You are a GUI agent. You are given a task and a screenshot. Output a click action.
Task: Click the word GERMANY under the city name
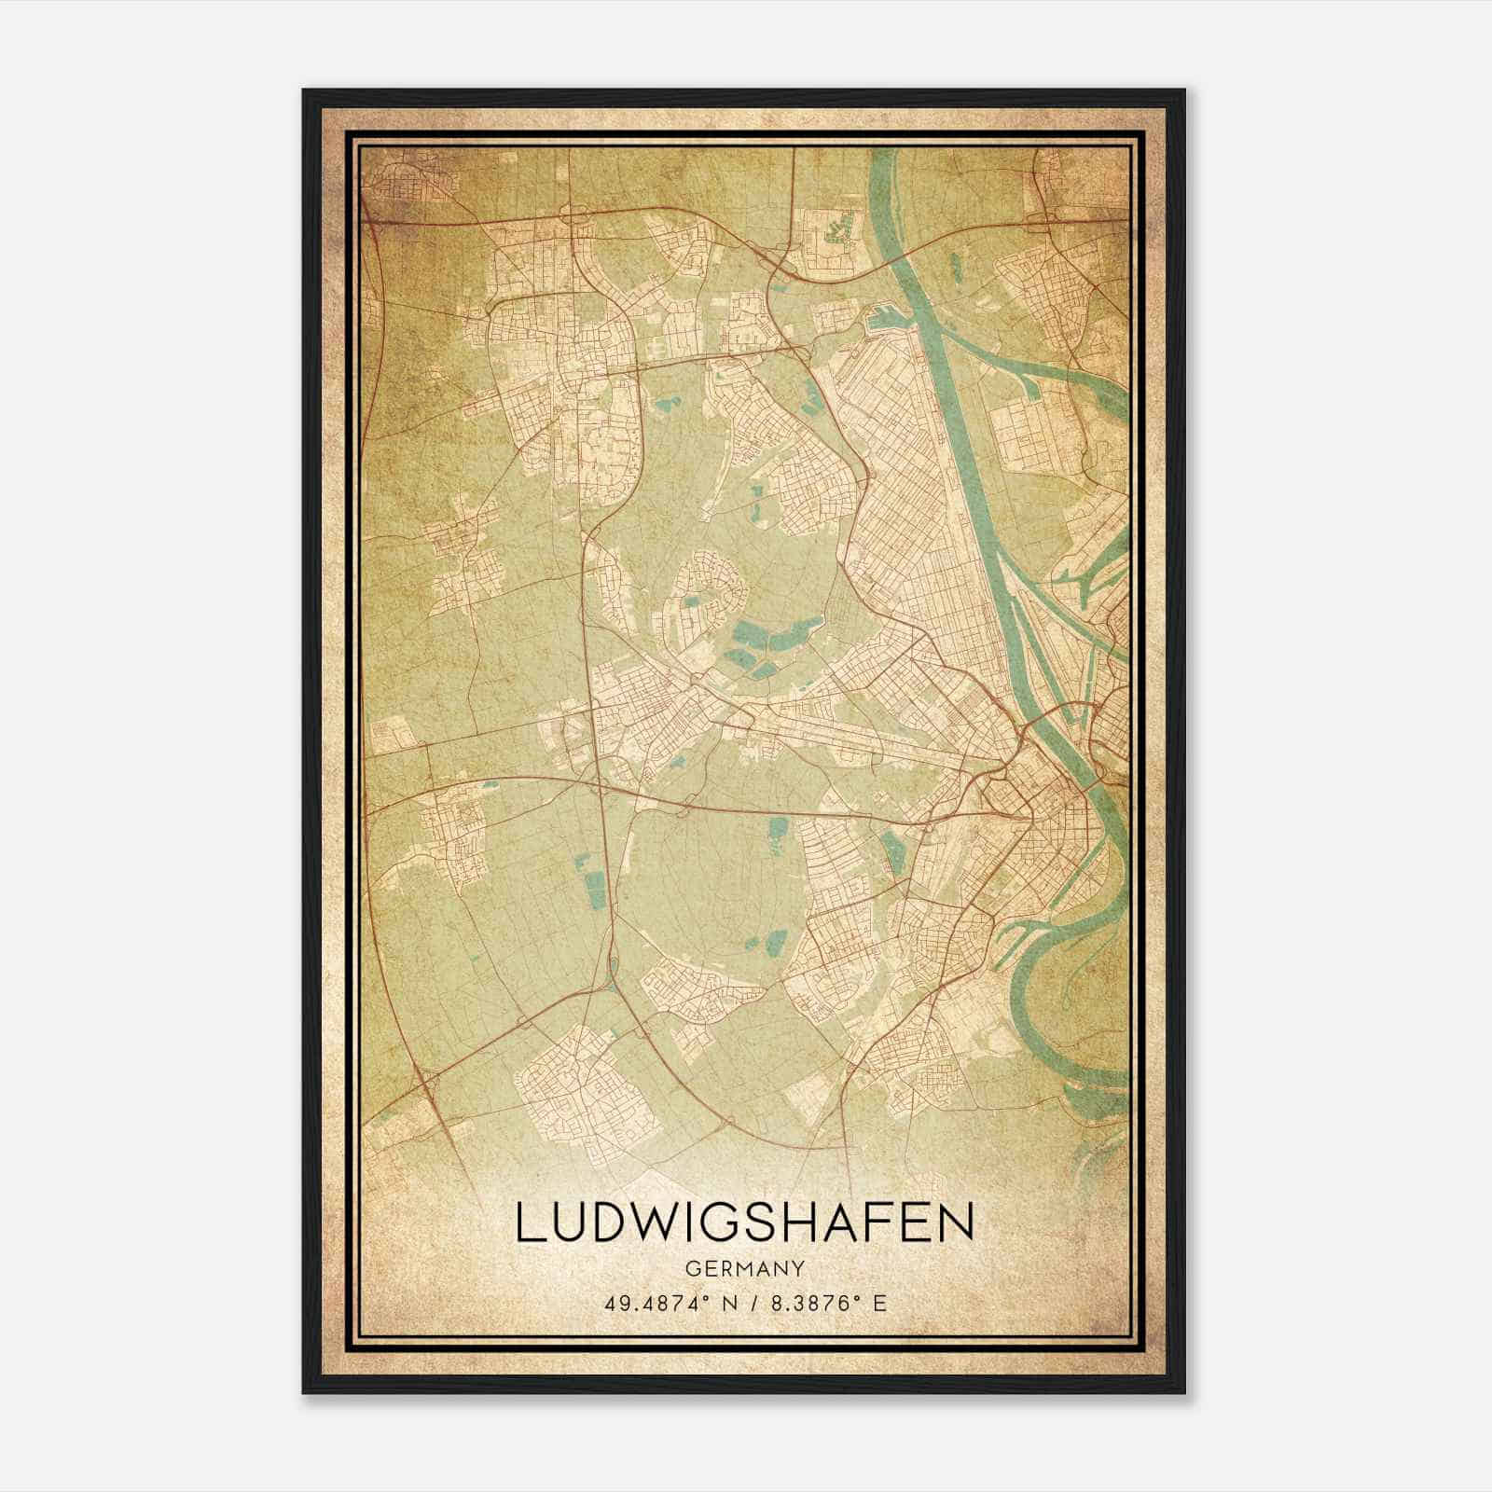pos(745,1268)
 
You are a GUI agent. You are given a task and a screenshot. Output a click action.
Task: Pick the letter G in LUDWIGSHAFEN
pos(727,1225)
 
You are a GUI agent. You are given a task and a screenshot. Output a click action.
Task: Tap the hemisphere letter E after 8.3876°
pos(878,1303)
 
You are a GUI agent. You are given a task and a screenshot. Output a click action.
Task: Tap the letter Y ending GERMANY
pos(799,1268)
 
